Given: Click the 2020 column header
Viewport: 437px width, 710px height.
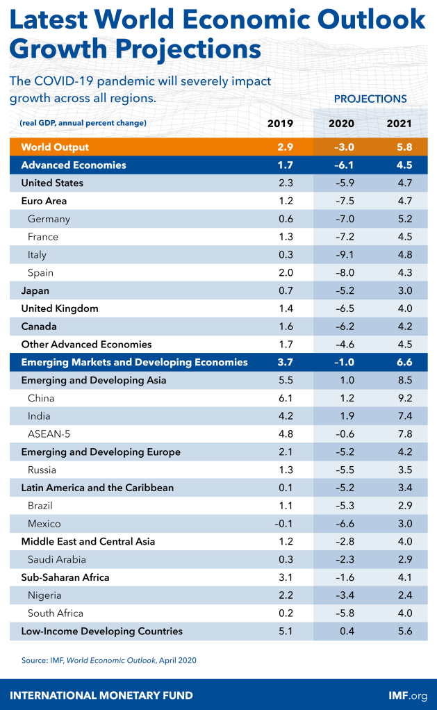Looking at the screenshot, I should [x=341, y=124].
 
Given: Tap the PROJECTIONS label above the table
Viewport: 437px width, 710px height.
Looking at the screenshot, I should [x=370, y=99].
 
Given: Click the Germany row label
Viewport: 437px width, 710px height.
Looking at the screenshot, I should [x=49, y=219].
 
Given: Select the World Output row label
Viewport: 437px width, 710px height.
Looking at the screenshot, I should [x=55, y=147].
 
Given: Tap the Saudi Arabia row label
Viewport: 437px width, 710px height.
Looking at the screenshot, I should [x=56, y=559].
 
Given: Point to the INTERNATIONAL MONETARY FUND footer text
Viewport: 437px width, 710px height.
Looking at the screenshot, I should [x=101, y=695].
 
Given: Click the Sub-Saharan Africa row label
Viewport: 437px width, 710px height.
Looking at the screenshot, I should [x=65, y=577].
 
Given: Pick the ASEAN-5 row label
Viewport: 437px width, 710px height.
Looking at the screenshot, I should [x=49, y=434].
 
